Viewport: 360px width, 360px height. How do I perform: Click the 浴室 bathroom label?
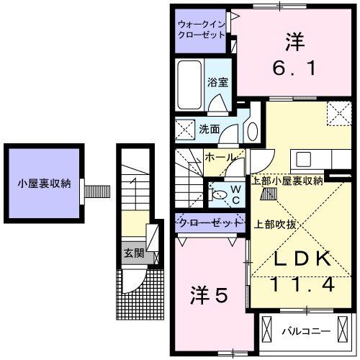click(217, 82)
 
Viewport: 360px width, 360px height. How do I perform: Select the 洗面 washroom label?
click(210, 130)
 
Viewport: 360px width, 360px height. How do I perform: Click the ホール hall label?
click(218, 156)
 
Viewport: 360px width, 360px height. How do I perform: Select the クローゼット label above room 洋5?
click(209, 222)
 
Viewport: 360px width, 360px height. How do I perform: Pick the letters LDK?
click(294, 258)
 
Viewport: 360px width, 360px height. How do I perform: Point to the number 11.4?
click(294, 285)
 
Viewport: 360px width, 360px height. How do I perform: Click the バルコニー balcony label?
click(305, 332)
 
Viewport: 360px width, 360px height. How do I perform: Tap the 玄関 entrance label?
click(132, 253)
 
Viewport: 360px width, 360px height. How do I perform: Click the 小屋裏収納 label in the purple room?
click(45, 183)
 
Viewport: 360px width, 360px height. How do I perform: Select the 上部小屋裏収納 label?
click(287, 180)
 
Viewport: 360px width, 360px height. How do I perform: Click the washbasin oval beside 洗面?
click(251, 132)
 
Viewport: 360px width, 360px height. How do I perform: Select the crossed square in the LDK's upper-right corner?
click(336, 112)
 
